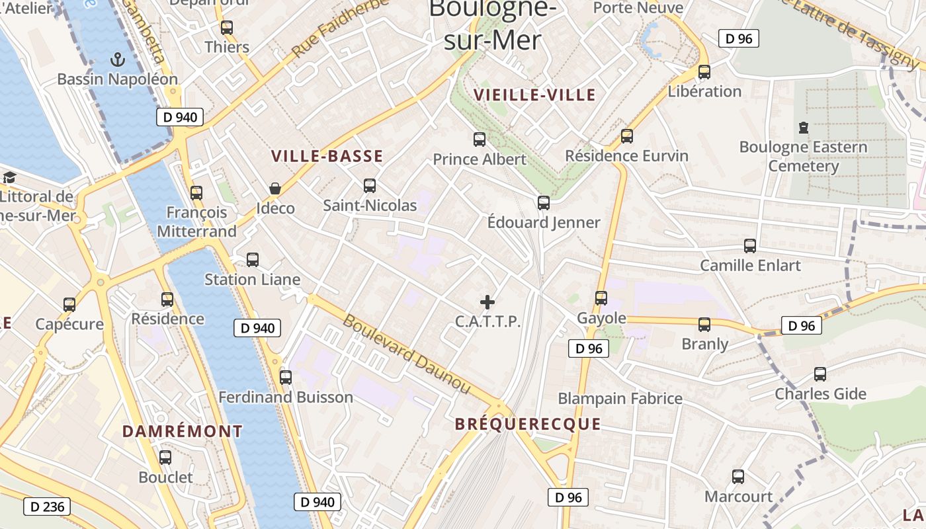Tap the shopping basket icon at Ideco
(275, 189)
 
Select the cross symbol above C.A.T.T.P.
(487, 302)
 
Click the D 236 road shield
(46, 507)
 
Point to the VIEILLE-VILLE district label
(534, 95)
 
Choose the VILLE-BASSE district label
(327, 156)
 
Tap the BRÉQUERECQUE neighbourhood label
(528, 425)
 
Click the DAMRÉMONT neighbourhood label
(182, 431)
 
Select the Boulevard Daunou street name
(407, 354)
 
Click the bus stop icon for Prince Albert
(480, 140)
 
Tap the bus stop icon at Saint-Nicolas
(370, 186)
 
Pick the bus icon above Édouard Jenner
(544, 203)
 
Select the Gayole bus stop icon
(601, 298)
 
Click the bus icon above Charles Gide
(820, 374)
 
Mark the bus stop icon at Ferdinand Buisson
(286, 378)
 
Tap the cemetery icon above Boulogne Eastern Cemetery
(803, 127)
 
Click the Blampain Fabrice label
(620, 398)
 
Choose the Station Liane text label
(252, 280)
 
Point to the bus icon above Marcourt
(738, 477)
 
